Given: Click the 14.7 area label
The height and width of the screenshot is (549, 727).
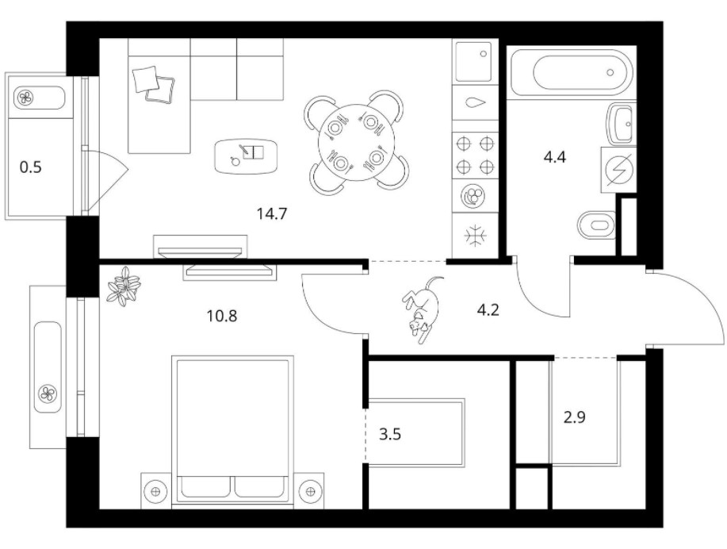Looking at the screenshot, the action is (272, 214).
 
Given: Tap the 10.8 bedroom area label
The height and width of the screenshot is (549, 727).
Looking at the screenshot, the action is (222, 316).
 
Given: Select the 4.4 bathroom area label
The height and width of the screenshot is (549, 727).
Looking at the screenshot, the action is (554, 158).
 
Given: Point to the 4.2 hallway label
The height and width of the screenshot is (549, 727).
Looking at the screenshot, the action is (488, 309).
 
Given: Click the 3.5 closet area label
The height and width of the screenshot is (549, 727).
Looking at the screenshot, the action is (390, 435).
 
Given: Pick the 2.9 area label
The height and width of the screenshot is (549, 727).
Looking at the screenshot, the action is (575, 417).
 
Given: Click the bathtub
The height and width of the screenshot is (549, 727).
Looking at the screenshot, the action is (571, 73).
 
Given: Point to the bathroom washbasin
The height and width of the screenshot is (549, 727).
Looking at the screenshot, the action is (619, 124).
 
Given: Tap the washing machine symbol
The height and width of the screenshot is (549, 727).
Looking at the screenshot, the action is (618, 170).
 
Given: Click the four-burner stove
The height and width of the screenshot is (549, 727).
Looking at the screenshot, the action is (475, 155).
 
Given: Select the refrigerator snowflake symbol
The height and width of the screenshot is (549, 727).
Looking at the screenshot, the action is (476, 236).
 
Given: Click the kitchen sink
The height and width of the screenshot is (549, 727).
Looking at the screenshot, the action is (474, 61).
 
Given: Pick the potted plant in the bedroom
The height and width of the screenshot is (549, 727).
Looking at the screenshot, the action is (124, 286).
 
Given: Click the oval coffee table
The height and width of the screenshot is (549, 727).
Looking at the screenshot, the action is (247, 156).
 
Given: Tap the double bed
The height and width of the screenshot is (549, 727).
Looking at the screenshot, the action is (233, 432).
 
